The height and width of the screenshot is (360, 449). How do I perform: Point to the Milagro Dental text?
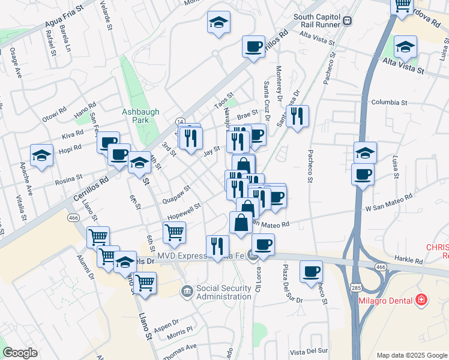click(x=390, y=300)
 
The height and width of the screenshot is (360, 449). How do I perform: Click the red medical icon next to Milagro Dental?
click(x=422, y=299)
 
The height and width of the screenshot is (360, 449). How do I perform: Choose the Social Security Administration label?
click(x=223, y=292)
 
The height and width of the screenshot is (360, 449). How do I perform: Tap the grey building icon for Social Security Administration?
click(x=187, y=291)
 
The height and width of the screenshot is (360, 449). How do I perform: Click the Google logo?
click(x=20, y=353)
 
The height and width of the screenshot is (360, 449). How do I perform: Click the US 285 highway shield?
click(x=357, y=289)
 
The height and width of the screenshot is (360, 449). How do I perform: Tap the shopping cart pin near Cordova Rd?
click(x=402, y=6)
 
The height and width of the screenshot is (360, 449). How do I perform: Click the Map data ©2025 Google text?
click(x=411, y=355)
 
